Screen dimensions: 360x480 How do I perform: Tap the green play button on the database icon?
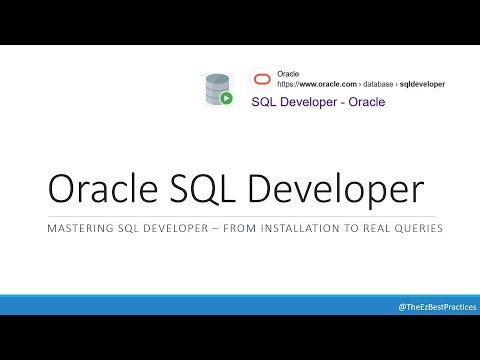(227, 98)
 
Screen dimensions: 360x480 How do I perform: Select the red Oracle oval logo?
(262, 79)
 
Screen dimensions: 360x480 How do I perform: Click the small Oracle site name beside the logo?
(288, 73)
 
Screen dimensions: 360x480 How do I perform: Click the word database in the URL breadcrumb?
(373, 83)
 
